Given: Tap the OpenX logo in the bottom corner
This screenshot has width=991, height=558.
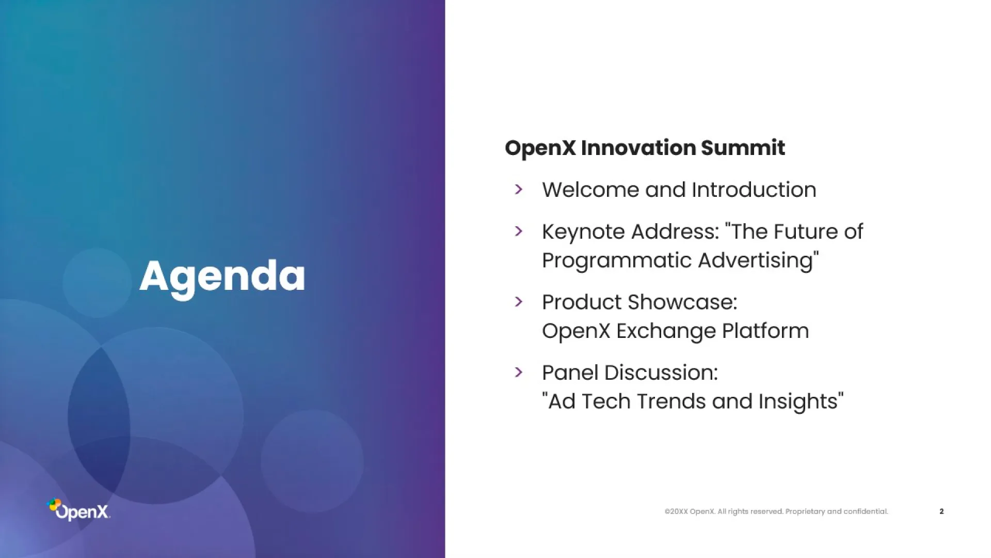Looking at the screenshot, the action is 78,509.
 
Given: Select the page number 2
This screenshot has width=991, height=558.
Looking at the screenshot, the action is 941,512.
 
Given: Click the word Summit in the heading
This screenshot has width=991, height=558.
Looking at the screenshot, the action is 743,148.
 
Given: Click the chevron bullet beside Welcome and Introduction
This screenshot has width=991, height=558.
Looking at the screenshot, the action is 519,190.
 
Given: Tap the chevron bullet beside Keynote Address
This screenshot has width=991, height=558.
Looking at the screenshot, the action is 519,231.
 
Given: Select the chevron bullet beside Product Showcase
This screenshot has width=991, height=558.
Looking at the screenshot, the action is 519,302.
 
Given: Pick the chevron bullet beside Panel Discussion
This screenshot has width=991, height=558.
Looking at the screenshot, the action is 519,372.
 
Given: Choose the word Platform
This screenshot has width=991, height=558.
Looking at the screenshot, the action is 765,331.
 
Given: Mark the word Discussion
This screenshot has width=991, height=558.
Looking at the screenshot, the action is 661,373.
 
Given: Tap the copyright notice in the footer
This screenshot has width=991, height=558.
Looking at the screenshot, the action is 776,512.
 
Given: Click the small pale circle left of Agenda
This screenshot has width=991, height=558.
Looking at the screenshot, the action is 97,283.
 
